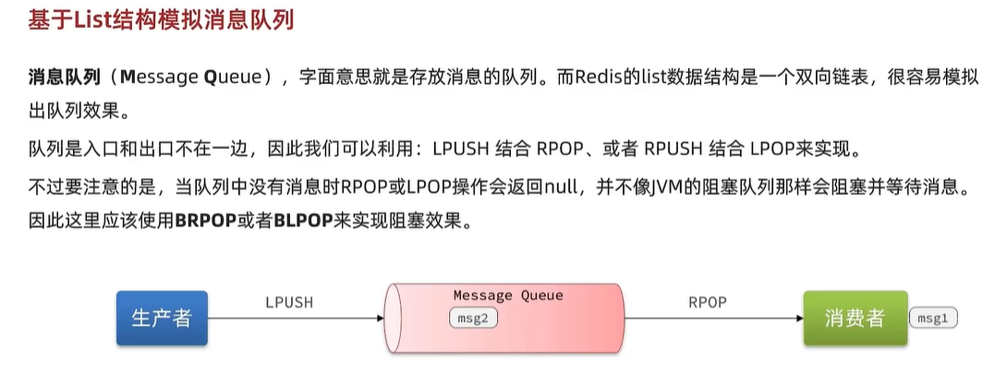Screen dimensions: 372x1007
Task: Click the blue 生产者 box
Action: coord(162,318)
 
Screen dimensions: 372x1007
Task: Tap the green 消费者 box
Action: coord(855,318)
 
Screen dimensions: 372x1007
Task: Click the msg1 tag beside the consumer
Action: coord(934,318)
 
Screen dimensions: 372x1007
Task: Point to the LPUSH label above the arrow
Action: coord(289,302)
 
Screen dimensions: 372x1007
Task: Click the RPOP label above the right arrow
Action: coord(708,302)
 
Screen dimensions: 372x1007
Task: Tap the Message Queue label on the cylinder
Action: coord(507,295)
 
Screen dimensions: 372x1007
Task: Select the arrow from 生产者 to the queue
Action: coord(296,318)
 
